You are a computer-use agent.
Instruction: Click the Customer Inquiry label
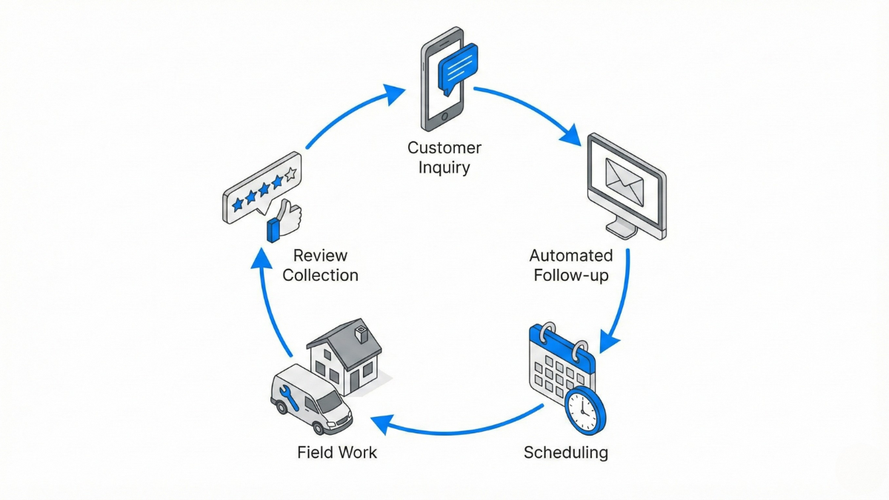(x=444, y=158)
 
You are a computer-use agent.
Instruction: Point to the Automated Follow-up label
(x=570, y=265)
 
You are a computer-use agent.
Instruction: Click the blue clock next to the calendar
(x=585, y=410)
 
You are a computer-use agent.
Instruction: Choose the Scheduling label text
(x=565, y=452)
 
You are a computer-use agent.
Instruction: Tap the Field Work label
(x=337, y=452)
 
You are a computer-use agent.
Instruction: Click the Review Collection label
(x=320, y=265)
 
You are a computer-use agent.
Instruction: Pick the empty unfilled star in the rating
(x=291, y=175)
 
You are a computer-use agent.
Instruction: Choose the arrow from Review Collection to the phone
(x=348, y=111)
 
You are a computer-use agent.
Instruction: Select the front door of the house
(x=353, y=381)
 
